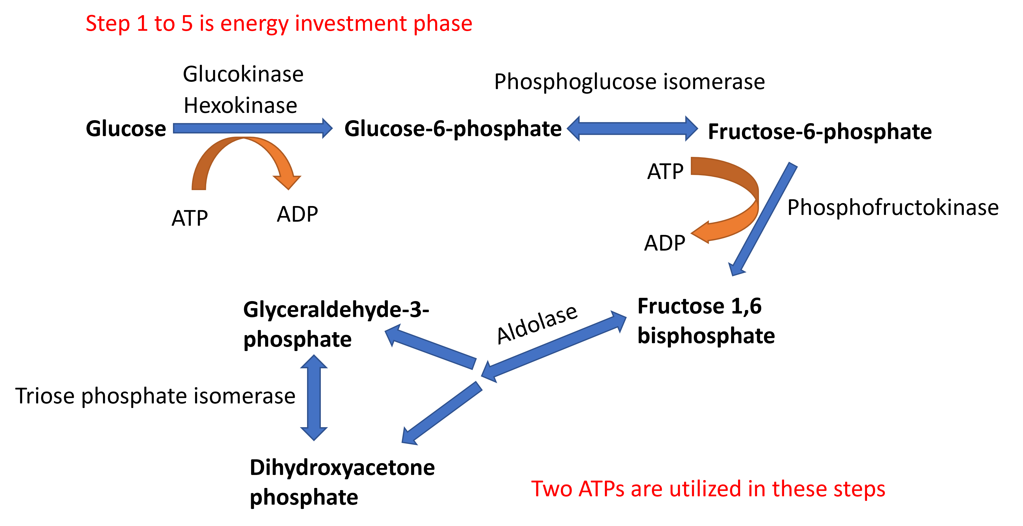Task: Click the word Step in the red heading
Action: [108, 24]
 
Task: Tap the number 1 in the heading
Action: [142, 23]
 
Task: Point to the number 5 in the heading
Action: [187, 23]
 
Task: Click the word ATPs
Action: [601, 489]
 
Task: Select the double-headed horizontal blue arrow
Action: [632, 128]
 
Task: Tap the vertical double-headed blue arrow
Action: [314, 397]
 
